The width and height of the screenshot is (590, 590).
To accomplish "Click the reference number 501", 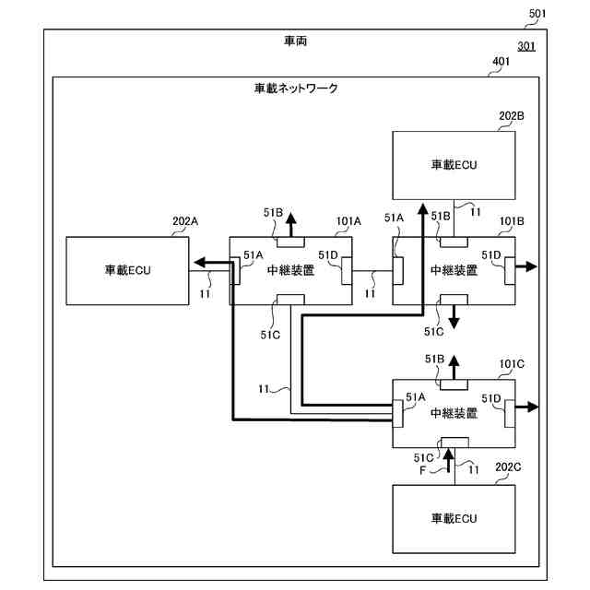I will coord(538,13).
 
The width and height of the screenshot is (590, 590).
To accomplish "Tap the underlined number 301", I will coord(526,46).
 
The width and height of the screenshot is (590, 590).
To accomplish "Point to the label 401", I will coord(501,63).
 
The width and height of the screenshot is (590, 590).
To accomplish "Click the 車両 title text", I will coord(297,42).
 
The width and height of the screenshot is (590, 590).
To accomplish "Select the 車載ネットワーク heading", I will coord(296,88).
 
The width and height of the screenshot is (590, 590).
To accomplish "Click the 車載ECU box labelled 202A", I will coord(127,270).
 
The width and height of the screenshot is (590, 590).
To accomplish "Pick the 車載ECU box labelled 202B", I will coord(454,164).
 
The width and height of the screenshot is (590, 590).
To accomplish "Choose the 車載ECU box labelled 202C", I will coord(454,518).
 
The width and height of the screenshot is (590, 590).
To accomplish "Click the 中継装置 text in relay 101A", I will coord(289,270).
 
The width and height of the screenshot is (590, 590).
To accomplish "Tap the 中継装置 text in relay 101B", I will coord(454,270).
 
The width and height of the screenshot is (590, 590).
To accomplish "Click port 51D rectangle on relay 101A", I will coord(347,270).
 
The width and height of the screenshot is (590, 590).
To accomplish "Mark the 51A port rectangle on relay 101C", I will coord(398,413).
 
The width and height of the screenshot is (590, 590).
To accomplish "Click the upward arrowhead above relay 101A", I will coord(290,219).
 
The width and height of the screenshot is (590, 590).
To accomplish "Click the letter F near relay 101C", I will coord(423,470).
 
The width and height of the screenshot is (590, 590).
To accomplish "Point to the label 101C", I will coord(512,364).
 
